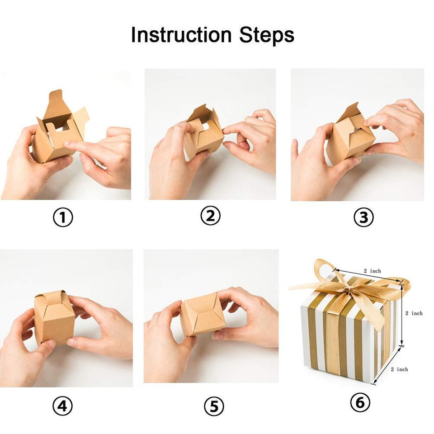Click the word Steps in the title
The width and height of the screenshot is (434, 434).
pyautogui.click(x=267, y=35)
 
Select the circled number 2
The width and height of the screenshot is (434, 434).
pyautogui.click(x=210, y=217)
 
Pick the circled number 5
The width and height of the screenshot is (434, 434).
pyautogui.click(x=213, y=406)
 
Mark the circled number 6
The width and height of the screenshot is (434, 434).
pyautogui.click(x=360, y=402)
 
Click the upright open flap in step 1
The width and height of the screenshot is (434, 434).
pyautogui.click(x=55, y=102)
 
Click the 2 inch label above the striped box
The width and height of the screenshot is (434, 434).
pyautogui.click(x=372, y=271)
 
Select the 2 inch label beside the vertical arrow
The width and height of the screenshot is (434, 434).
pyautogui.click(x=414, y=313)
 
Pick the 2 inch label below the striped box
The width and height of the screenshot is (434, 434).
pyautogui.click(x=399, y=369)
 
